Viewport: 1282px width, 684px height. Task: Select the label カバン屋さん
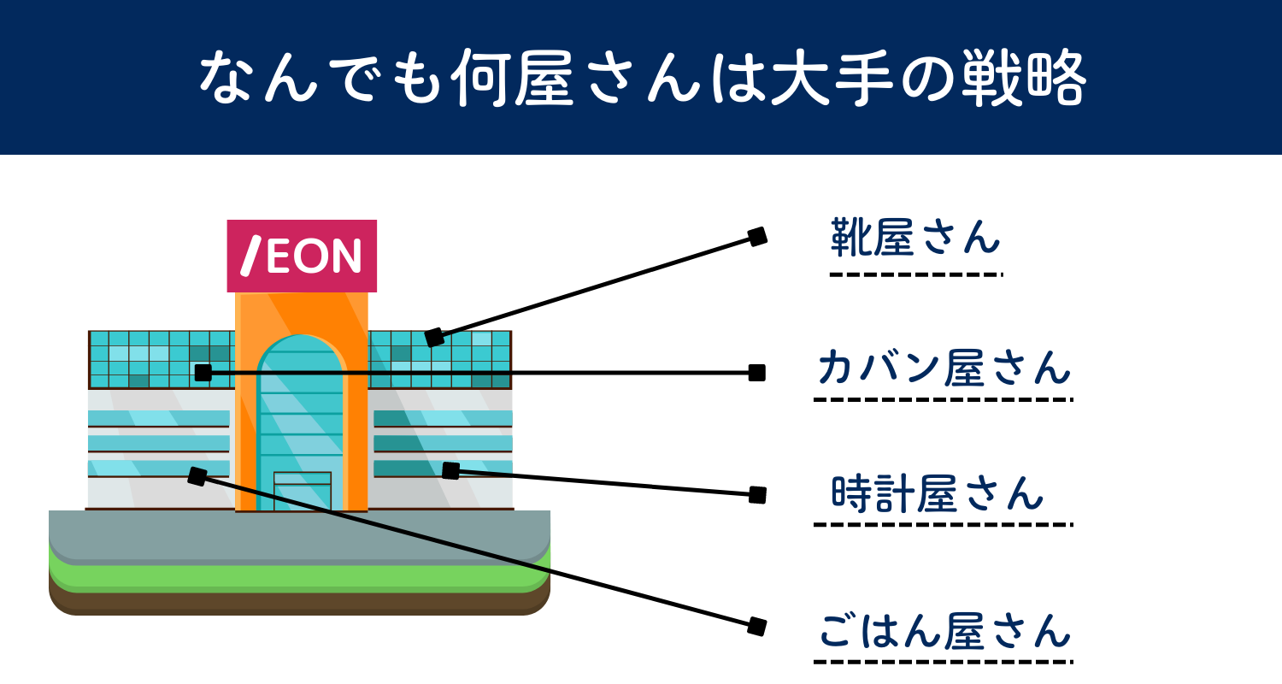[944, 369]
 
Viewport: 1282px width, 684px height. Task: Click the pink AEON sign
[302, 256]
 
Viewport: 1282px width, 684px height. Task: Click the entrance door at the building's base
[302, 491]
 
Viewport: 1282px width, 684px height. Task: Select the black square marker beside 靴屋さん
[757, 237]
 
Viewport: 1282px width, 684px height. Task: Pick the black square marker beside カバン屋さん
[756, 373]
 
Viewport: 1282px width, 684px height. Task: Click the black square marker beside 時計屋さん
[757, 494]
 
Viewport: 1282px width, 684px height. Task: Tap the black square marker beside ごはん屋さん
[756, 627]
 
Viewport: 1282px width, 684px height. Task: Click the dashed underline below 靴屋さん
[914, 274]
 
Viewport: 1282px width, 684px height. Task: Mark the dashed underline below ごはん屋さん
[944, 661]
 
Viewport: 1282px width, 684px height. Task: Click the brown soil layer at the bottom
[299, 603]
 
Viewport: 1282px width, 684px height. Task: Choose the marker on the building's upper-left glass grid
[203, 373]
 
